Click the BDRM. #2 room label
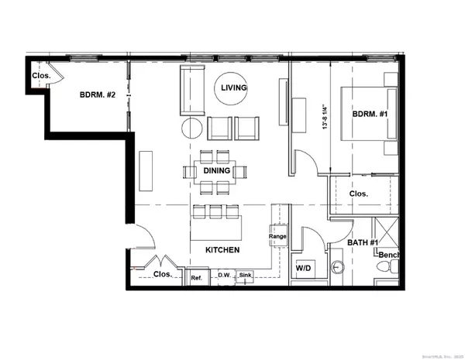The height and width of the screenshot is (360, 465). click(x=97, y=95)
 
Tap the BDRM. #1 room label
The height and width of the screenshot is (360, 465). click(x=370, y=114)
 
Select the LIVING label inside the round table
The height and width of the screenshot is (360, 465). click(x=233, y=88)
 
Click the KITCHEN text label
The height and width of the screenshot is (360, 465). click(x=222, y=251)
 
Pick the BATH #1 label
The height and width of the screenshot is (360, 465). click(x=363, y=243)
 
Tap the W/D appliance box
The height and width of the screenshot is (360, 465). click(x=305, y=269)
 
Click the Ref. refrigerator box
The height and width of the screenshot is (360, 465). click(x=198, y=277)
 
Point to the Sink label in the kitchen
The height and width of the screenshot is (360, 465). click(x=246, y=275)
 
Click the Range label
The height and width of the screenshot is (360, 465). click(x=277, y=237)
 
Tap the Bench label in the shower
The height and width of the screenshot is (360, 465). click(x=389, y=255)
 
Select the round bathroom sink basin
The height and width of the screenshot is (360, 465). click(x=337, y=269)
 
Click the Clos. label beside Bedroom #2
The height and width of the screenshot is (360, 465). click(x=41, y=76)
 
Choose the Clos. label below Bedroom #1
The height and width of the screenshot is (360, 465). click(x=359, y=194)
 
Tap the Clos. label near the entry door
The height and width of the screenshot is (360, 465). click(x=163, y=274)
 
